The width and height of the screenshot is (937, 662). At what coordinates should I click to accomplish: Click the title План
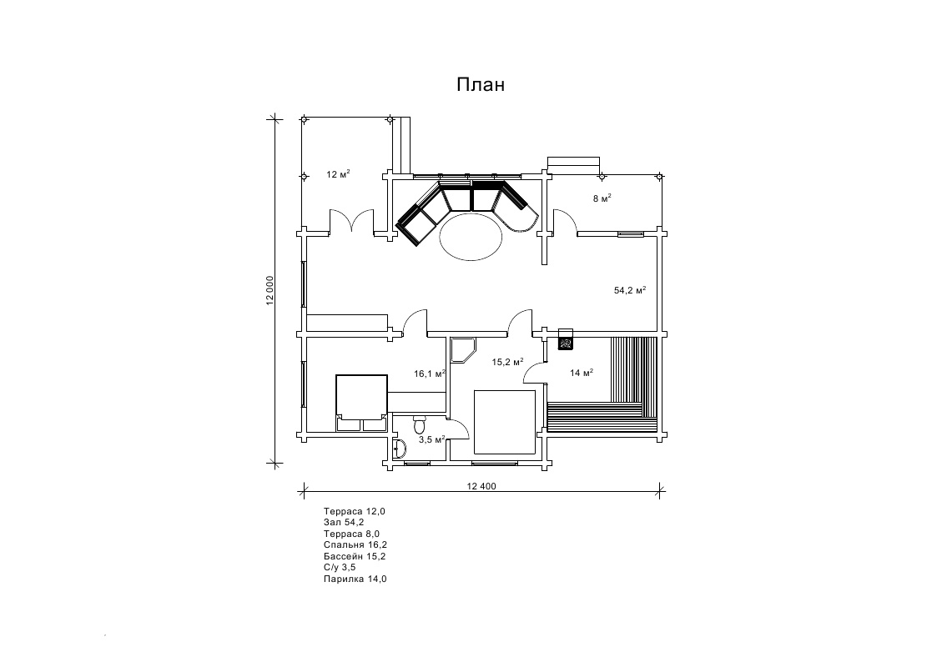tap(481, 85)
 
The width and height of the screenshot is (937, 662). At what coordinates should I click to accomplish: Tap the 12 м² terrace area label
tap(338, 174)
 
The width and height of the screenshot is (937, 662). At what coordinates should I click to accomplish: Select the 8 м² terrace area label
tap(602, 198)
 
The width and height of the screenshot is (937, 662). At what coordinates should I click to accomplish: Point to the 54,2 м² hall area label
tap(630, 290)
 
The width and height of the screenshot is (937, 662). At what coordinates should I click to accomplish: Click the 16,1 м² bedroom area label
tap(430, 374)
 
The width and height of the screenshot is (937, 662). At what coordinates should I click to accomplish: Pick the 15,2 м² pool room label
tap(507, 362)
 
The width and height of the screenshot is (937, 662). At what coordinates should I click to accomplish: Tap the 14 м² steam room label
tap(582, 373)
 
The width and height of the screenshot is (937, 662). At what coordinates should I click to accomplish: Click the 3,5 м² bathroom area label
tap(431, 439)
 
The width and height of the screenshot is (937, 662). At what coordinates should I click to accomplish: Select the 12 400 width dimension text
tap(481, 486)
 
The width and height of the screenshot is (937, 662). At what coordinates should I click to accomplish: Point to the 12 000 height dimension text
tap(270, 291)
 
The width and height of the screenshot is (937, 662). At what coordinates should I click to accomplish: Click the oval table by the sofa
tap(471, 237)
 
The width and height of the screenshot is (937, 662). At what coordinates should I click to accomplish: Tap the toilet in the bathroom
tap(420, 424)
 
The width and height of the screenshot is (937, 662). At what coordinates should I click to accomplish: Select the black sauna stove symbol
tap(566, 343)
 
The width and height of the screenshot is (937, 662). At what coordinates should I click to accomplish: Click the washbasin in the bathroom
tap(400, 447)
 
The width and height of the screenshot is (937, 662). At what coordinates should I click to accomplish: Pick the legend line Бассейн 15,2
tap(355, 556)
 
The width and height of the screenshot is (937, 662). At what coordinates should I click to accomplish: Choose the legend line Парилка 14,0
tap(355, 579)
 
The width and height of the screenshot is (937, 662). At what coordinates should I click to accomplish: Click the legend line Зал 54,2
tap(344, 522)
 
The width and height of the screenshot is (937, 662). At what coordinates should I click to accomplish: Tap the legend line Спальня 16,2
tap(355, 545)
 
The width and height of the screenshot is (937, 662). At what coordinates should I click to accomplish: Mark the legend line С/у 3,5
tap(340, 568)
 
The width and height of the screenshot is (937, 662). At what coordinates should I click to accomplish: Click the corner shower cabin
tap(462, 350)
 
